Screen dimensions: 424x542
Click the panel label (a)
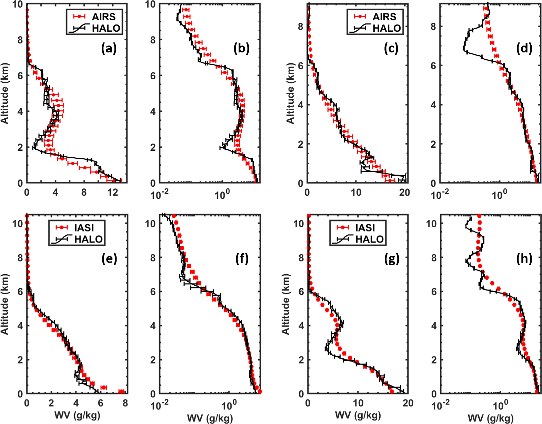click(109, 49)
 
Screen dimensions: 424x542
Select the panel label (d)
click(524, 49)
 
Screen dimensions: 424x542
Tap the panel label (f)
click(242, 258)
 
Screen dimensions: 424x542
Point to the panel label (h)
click(524, 258)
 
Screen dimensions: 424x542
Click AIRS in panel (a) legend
click(103, 17)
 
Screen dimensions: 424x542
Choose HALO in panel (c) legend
click(387, 28)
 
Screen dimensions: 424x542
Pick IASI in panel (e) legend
click(84, 228)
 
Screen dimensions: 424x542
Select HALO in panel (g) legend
click(369, 239)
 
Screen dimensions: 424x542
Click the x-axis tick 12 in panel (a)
click(113, 192)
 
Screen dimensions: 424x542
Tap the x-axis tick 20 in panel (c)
click(404, 192)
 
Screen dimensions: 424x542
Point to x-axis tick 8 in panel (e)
click(125, 403)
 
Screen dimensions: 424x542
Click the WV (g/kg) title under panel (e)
click(77, 415)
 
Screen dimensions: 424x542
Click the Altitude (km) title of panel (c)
click(291, 93)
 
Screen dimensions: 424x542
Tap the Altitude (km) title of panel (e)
click(4, 304)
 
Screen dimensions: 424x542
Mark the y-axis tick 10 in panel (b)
click(151, 4)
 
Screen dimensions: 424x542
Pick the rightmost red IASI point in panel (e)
click(122, 391)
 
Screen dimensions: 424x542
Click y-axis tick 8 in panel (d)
click(433, 27)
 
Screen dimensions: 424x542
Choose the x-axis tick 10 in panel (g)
click(358, 403)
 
